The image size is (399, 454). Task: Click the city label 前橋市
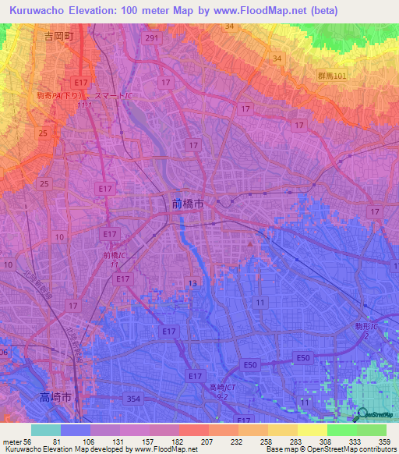188,202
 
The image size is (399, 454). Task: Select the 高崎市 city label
56,398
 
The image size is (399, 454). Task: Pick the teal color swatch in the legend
46,430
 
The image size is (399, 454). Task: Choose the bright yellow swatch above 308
312,430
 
